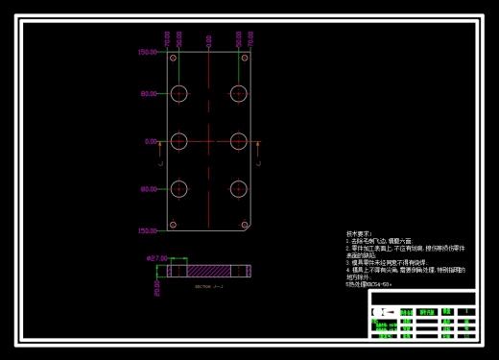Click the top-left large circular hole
click(x=179, y=93)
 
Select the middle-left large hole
click(x=179, y=141)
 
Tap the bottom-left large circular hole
click(x=179, y=189)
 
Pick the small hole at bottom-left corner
click(x=174, y=225)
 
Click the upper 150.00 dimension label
click(x=148, y=53)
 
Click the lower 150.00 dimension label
click(x=148, y=230)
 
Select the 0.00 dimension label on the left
click(x=151, y=141)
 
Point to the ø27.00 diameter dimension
click(x=156, y=258)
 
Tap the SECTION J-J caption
click(x=208, y=286)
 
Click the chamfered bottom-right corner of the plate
click(x=249, y=228)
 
